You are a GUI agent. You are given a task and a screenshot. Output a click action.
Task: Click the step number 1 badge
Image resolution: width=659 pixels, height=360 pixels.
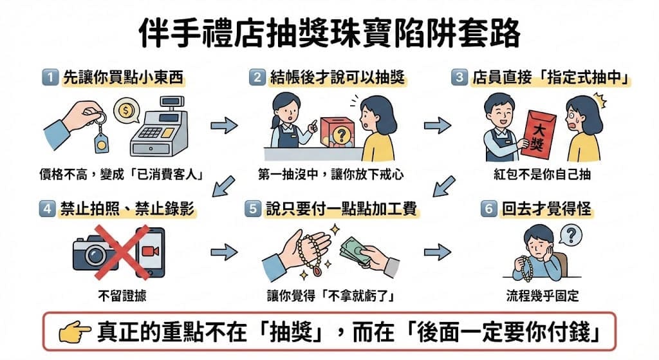[x=50, y=77]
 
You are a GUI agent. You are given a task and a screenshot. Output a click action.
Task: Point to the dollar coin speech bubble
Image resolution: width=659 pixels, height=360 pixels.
[x=126, y=111]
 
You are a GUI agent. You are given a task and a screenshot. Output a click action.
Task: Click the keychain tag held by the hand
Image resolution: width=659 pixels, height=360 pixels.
[x=101, y=141]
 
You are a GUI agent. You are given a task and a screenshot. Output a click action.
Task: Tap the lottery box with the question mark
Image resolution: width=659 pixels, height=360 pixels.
[x=337, y=133]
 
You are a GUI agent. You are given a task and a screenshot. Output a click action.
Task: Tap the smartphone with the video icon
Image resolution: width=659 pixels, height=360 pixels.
[x=149, y=252]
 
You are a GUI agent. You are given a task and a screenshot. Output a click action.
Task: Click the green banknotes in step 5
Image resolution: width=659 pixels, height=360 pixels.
[x=355, y=251]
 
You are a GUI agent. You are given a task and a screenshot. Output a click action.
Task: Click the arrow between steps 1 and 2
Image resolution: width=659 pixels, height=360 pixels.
[x=224, y=126]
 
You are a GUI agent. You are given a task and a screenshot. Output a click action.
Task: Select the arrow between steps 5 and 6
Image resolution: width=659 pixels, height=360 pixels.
[x=438, y=252]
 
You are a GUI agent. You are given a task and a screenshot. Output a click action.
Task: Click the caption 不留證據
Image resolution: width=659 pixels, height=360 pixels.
[x=122, y=296]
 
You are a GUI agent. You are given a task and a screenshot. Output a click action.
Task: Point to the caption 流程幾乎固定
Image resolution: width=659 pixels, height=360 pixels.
[x=542, y=296]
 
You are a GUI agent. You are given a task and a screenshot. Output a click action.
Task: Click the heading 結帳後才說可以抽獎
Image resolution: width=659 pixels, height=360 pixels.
[x=337, y=77]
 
